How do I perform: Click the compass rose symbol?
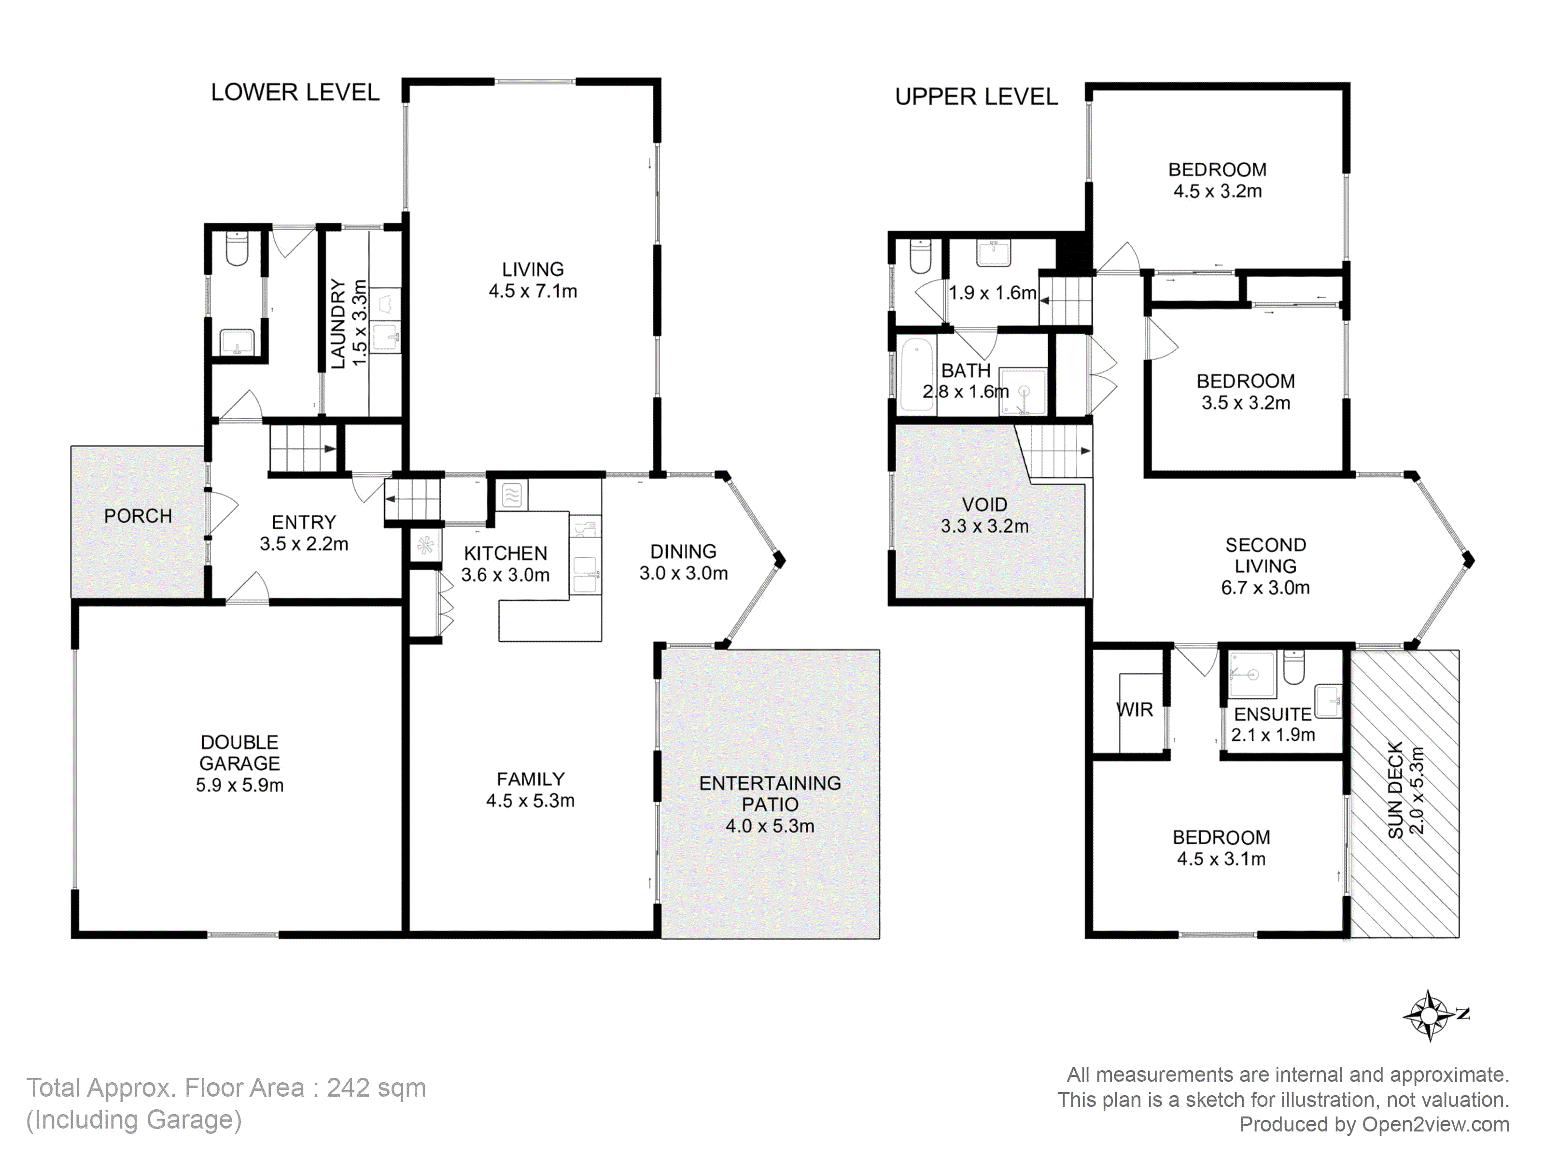pyautogui.click(x=1430, y=1015)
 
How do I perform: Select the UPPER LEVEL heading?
pyautogui.click(x=976, y=97)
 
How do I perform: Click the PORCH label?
pyautogui.click(x=138, y=516)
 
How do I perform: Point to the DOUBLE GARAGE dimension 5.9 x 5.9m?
pyautogui.click(x=239, y=785)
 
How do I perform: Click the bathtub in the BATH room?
pyautogui.click(x=917, y=374)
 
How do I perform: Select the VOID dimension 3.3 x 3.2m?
pyautogui.click(x=985, y=526)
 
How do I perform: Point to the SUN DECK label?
pyautogui.click(x=1395, y=790)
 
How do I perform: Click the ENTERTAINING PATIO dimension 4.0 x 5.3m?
pyautogui.click(x=770, y=826)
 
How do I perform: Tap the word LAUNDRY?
pyautogui.click(x=338, y=324)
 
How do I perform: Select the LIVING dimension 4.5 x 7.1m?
pyautogui.click(x=533, y=291)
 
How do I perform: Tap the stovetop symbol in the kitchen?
pyautogui.click(x=512, y=495)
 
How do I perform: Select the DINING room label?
pyautogui.click(x=683, y=551)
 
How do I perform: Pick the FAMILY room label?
pyautogui.click(x=530, y=779)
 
